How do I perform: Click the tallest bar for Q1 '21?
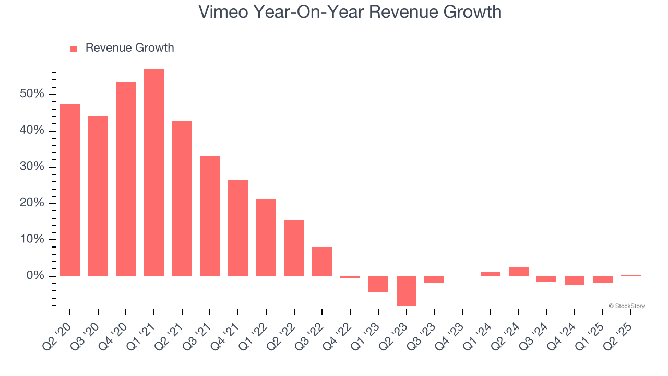(154, 172)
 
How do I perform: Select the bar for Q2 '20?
(70, 190)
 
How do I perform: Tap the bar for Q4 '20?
(126, 179)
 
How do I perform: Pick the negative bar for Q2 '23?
(407, 291)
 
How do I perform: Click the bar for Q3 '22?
(322, 261)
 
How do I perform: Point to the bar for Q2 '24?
(518, 272)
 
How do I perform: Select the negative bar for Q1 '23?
(378, 284)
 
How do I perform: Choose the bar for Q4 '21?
(238, 228)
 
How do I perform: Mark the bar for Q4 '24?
(575, 280)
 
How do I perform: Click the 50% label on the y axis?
(32, 94)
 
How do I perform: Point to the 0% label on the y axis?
(35, 276)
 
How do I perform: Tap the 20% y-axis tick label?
(32, 203)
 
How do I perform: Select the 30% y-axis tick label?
(32, 167)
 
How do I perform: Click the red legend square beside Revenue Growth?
(74, 49)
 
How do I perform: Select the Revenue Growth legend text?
(129, 48)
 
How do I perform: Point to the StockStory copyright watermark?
(626, 306)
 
